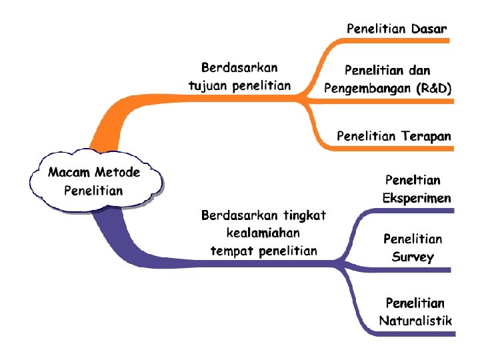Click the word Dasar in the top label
click(x=429, y=29)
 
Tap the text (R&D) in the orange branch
click(x=433, y=87)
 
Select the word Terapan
click(x=427, y=136)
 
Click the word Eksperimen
click(x=417, y=198)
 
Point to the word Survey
click(x=413, y=257)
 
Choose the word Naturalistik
click(x=416, y=320)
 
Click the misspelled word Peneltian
click(x=413, y=180)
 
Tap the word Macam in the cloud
click(x=69, y=173)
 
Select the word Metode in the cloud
click(x=117, y=173)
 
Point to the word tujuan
click(x=209, y=85)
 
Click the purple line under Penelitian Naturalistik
click(x=407, y=331)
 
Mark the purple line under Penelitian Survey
click(x=407, y=270)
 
